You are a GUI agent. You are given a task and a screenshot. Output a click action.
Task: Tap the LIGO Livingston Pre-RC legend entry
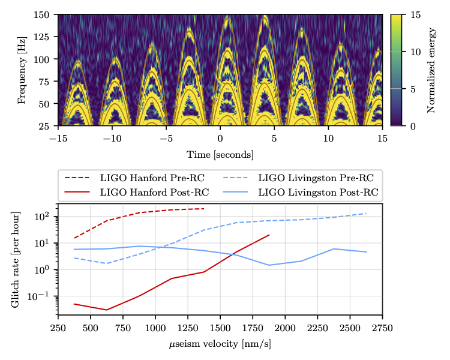click(300, 179)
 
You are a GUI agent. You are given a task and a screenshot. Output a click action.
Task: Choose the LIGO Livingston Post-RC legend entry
click(300, 192)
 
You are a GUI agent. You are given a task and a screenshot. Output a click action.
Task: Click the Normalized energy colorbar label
click(431, 70)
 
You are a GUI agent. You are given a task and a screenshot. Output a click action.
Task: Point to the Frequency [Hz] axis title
click(22, 70)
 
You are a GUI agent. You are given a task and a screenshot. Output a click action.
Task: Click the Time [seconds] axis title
click(220, 154)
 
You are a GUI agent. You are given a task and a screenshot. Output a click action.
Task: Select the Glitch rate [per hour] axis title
click(16, 260)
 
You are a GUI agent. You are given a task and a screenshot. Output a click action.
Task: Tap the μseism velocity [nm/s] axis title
click(220, 345)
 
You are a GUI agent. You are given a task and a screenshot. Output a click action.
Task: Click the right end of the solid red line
click(269, 235)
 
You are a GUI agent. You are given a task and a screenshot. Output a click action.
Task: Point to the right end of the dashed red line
click(205, 209)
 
